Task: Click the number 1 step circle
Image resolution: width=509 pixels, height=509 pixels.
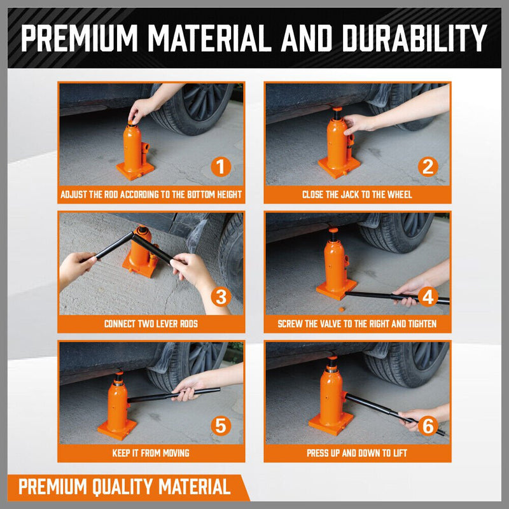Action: coord(221,167)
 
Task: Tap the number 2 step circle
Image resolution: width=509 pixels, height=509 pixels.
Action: coord(428,167)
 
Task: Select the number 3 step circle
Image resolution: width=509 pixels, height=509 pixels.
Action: coord(221,296)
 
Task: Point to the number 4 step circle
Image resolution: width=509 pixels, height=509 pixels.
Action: coord(428,296)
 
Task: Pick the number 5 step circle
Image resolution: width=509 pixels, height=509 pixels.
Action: coord(221,426)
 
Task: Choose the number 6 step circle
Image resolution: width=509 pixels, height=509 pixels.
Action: coord(428,426)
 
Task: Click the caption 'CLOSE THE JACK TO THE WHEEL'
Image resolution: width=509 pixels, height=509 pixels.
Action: coord(357,195)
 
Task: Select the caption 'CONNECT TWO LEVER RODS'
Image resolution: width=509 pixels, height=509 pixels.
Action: coord(151,324)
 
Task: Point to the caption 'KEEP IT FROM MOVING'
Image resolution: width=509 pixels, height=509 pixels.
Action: coord(151,453)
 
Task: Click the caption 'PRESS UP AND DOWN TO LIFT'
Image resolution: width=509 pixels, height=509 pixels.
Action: coord(357,453)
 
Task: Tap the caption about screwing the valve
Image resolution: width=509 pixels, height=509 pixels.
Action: coord(357,324)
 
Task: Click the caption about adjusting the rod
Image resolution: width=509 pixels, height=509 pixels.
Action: coord(151,195)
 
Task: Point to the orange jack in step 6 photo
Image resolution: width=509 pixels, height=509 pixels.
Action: coord(331,398)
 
